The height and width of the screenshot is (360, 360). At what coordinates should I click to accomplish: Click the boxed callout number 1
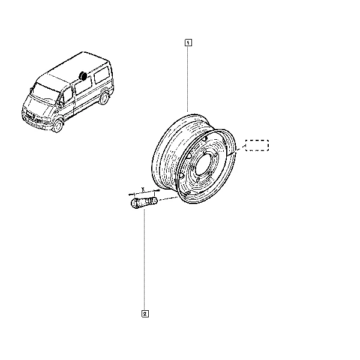point(188,43)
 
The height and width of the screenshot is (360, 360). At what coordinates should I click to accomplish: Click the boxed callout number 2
point(145,314)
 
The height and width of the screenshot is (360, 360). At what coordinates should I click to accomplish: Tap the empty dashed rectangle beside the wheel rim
point(257,145)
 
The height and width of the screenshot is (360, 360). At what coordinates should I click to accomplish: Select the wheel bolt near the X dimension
point(144,203)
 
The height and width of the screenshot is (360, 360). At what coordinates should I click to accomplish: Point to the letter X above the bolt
point(143,189)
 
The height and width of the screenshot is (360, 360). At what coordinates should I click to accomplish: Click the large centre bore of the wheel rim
point(203,165)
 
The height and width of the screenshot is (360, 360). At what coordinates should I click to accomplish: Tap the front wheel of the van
point(58,126)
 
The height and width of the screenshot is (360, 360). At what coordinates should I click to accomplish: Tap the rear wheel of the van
point(104,98)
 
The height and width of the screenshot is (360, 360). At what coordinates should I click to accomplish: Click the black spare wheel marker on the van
point(82,76)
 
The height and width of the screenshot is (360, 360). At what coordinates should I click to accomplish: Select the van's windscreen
point(45,93)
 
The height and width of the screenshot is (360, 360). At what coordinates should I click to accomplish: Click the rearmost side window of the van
point(102,74)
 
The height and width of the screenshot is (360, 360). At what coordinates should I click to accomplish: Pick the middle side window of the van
point(83,86)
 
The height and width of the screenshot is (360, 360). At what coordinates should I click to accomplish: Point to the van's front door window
point(67,95)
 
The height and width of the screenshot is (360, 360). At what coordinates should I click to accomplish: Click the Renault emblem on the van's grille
point(34,116)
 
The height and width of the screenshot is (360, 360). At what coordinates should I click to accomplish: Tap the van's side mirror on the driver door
point(61,103)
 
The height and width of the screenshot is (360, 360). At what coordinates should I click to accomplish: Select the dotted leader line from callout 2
point(145,260)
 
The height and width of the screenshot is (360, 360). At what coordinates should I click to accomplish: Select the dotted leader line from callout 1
point(188,79)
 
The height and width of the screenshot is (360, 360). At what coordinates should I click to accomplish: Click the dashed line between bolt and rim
point(168,199)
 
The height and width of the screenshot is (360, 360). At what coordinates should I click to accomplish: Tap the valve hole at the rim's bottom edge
point(187,193)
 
